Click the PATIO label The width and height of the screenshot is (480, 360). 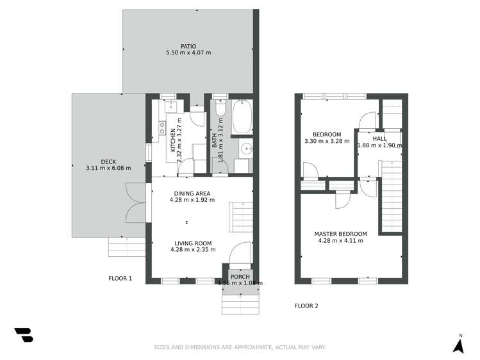click(x=188, y=46)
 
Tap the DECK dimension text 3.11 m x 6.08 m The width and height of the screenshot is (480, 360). click(x=108, y=168)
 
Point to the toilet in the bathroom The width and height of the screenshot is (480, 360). click(x=220, y=111)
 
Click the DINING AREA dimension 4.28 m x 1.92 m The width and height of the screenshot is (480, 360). click(x=192, y=200)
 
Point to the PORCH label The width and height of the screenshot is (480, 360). click(x=240, y=276)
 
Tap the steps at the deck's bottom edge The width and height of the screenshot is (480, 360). click(x=126, y=246)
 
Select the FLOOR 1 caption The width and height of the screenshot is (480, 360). click(x=120, y=279)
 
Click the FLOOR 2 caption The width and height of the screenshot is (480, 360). click(x=306, y=306)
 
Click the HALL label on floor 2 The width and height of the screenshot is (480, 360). click(x=380, y=138)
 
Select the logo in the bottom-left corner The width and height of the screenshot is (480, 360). click(x=24, y=335)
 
